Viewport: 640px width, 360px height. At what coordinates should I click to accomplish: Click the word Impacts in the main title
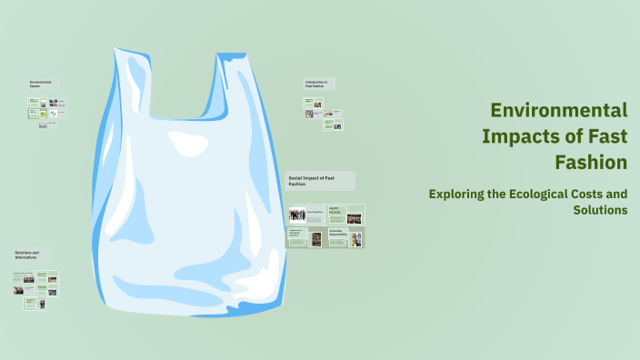(526, 137)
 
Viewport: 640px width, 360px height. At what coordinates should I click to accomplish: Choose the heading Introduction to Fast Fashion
(318, 83)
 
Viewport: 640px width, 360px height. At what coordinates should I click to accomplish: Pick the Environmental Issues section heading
(42, 84)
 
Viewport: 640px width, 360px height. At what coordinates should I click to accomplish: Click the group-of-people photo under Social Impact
(297, 215)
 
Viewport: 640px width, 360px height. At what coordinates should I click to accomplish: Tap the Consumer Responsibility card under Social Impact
(345, 237)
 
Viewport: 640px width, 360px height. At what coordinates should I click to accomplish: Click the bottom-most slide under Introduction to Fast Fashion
(333, 125)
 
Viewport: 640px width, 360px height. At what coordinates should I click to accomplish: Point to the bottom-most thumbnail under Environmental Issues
(43, 125)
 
